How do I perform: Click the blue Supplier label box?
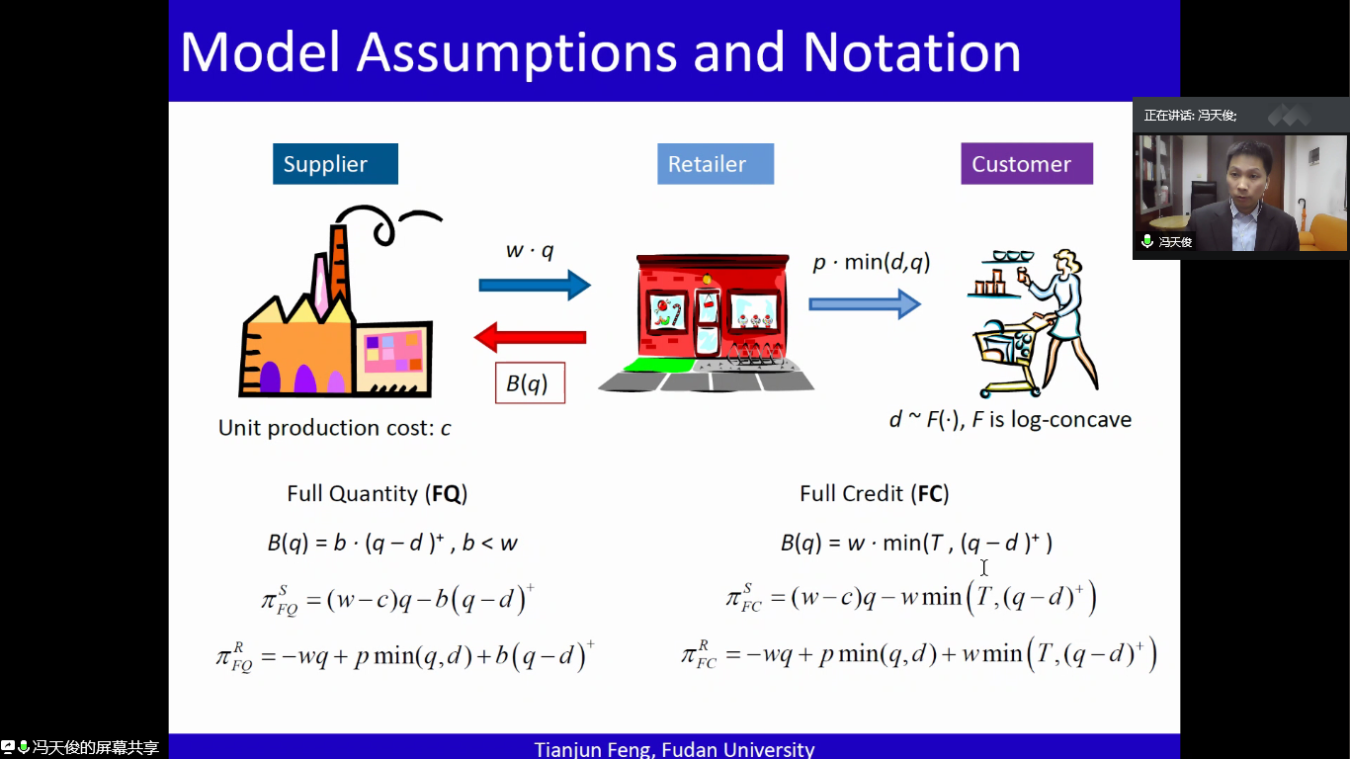(335, 164)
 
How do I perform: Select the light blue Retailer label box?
(716, 164)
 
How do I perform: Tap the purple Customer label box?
(1027, 163)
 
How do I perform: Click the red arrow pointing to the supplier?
(530, 337)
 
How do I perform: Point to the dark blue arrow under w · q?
(535, 286)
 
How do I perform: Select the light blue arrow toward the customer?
(864, 303)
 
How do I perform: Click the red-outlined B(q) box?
(530, 382)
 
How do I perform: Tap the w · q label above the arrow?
(530, 250)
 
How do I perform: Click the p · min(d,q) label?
(872, 262)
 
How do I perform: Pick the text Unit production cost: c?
(334, 427)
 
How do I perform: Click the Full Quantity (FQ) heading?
(378, 494)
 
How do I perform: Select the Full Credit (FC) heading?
(875, 494)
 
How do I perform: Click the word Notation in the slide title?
(912, 52)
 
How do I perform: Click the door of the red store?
(708, 323)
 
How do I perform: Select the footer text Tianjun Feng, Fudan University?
(674, 749)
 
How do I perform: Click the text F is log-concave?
(1052, 420)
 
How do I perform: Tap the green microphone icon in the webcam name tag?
(1147, 241)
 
